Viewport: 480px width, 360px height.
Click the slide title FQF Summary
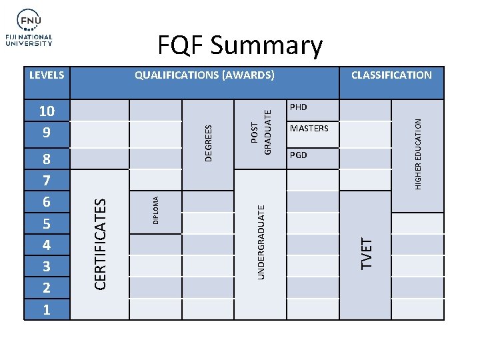(240, 45)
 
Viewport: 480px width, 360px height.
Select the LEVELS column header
(47, 75)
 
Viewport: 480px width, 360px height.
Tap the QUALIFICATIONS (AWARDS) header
(205, 75)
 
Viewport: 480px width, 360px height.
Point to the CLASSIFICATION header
(391, 75)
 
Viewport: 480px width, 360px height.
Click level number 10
(46, 111)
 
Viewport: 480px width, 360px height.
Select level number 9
(46, 133)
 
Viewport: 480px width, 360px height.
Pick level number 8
(46, 159)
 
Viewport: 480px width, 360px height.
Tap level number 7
(46, 180)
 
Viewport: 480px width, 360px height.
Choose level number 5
(46, 223)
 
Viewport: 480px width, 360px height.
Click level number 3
(46, 267)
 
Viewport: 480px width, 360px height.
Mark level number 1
(46, 310)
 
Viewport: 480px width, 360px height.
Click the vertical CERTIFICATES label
(99, 243)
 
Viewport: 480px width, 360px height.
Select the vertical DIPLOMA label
(155, 209)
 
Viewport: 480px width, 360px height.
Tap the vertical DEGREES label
(208, 143)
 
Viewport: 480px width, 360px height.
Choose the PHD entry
(299, 107)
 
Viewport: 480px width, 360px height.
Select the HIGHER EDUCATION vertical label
(418, 153)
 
